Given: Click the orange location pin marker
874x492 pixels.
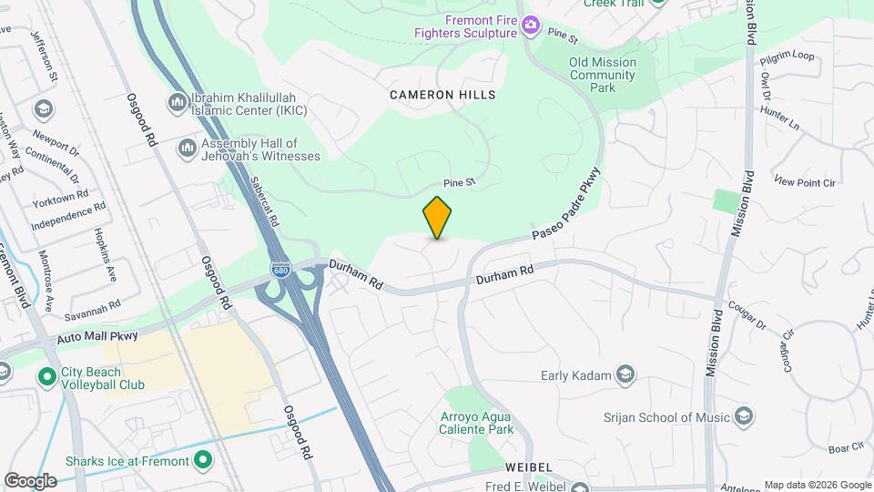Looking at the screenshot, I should tap(438, 218).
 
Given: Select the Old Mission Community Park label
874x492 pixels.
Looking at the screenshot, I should tap(602, 75).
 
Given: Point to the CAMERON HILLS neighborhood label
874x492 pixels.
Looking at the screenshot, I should tap(442, 95).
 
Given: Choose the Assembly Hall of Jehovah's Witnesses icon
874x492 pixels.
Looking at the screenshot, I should tap(188, 147).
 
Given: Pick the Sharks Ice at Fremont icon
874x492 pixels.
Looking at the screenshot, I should tap(203, 460).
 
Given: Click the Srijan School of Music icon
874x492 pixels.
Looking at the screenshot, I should tap(744, 417).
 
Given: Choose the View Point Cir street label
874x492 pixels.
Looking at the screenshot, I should tap(805, 182).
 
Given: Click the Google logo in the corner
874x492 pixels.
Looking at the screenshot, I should tap(30, 480).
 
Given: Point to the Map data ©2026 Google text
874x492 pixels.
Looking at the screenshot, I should tap(817, 485).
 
